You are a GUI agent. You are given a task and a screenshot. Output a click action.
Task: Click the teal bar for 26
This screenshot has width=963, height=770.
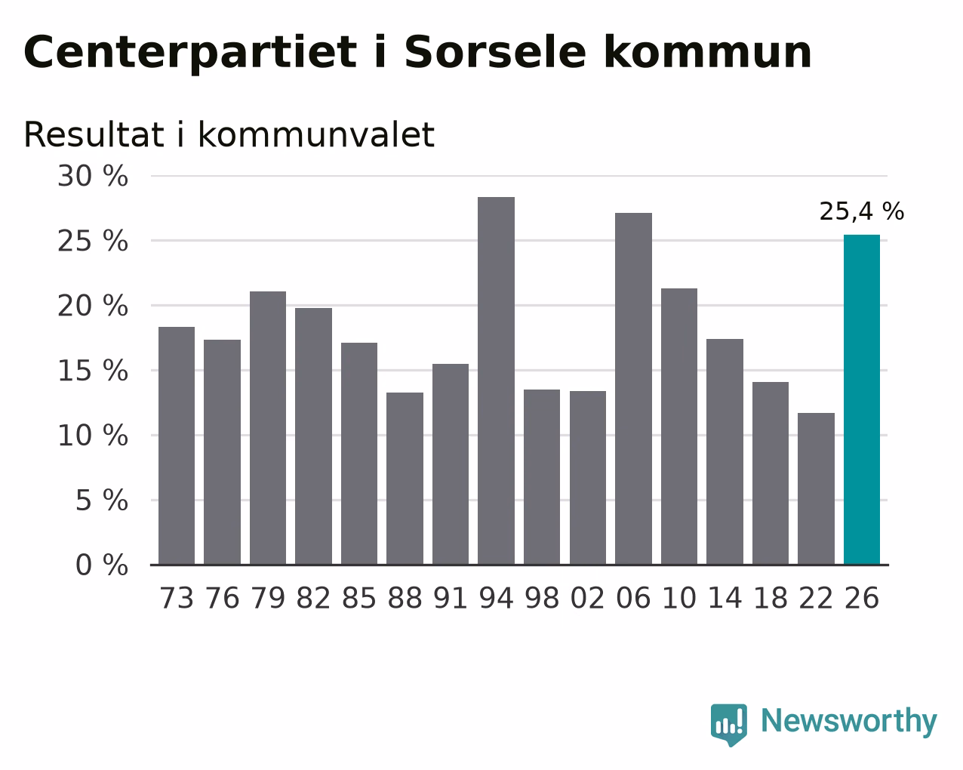[x=861, y=399]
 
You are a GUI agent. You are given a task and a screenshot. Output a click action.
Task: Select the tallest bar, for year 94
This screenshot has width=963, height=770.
[x=496, y=380]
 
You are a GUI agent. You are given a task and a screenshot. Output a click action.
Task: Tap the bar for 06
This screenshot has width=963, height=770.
[x=633, y=389]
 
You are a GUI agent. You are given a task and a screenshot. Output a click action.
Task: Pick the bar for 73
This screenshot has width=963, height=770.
[x=177, y=445]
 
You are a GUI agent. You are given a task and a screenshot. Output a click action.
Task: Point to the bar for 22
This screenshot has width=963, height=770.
[x=816, y=488]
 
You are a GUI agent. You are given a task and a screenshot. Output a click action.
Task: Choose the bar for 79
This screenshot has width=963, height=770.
[x=268, y=428]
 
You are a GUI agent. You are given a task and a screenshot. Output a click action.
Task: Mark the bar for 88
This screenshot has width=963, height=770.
[x=405, y=479]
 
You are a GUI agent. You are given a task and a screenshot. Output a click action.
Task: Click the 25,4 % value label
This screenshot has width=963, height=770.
[x=861, y=211]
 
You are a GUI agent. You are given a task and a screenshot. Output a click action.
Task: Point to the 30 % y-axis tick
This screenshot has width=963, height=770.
[x=93, y=176]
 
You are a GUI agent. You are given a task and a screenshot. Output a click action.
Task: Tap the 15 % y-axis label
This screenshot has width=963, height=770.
[x=93, y=371]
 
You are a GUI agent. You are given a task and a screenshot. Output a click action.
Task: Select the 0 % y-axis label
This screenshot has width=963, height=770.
[x=102, y=565]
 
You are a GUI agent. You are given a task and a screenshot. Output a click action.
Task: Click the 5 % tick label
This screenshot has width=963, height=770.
[x=102, y=500]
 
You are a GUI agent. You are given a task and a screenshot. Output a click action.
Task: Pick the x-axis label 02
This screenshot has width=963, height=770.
[x=588, y=598]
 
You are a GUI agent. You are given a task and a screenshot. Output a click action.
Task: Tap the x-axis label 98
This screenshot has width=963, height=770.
[x=542, y=598]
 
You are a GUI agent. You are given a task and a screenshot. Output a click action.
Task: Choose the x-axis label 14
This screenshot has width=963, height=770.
[x=725, y=598]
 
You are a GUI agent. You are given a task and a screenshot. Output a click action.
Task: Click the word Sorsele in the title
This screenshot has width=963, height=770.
[x=495, y=52]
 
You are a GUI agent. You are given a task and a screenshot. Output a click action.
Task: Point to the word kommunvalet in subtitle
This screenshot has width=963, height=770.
[x=316, y=134]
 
